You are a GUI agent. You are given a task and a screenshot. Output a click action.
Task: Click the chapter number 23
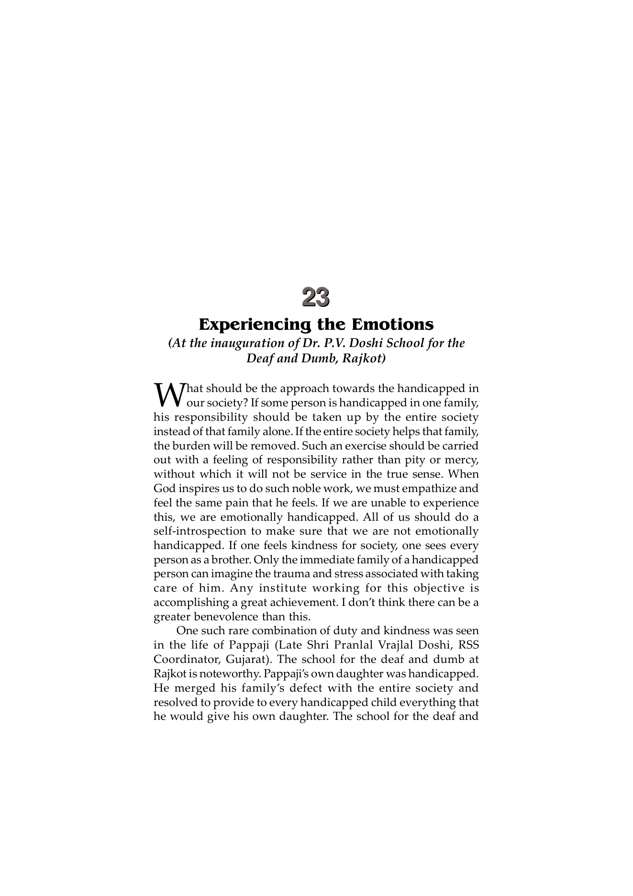point(316,297)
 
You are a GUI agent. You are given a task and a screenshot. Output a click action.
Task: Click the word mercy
point(462,460)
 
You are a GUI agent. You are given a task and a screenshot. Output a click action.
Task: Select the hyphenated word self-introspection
point(207,531)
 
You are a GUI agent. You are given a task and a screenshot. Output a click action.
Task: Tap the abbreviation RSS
point(468,645)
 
